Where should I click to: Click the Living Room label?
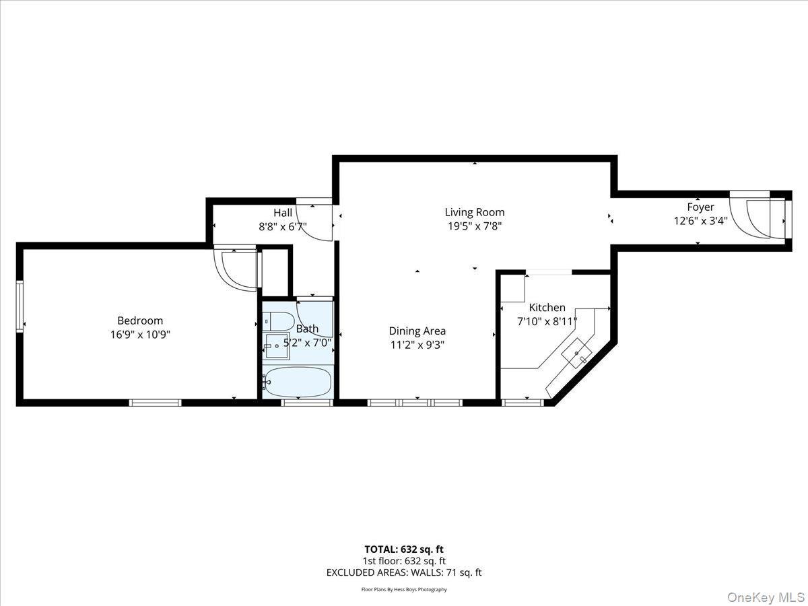[474, 212]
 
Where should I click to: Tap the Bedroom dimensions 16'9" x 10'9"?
[140, 334]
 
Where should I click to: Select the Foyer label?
[700, 207]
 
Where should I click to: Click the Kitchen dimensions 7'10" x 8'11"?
[547, 321]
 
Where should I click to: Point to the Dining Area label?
[417, 331]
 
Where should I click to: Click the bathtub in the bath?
[298, 382]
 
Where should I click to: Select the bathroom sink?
[276, 346]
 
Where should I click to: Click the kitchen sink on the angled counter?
[578, 355]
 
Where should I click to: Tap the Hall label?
[283, 213]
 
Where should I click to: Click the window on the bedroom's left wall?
[20, 306]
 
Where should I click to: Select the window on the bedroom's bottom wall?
[156, 403]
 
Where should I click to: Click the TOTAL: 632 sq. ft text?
[404, 549]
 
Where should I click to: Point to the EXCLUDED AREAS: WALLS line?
[404, 573]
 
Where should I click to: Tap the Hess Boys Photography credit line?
[404, 590]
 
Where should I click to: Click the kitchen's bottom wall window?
[523, 403]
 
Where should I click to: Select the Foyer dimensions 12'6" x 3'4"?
[700, 220]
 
